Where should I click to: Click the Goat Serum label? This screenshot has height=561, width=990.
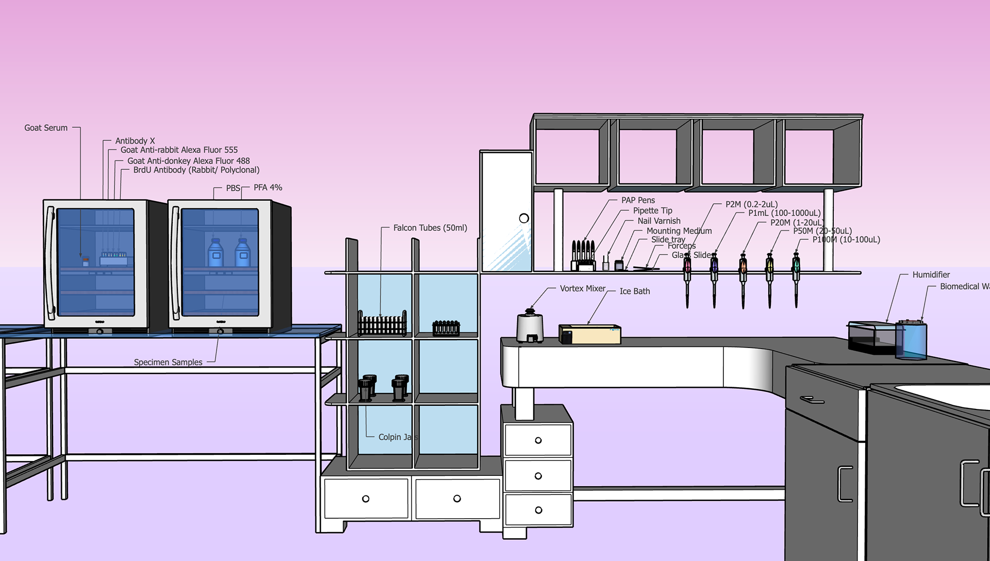point(46,128)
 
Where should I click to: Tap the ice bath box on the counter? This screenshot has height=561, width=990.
point(589,334)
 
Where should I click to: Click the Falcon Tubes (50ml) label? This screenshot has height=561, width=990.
point(430,228)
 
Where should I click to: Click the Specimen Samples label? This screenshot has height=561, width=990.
point(168,362)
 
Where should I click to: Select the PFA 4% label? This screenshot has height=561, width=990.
point(268,188)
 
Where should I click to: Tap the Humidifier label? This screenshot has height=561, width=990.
point(931,275)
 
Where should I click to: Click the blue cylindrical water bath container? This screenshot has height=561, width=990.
point(911,340)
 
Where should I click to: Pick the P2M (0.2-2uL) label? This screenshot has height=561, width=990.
point(751,204)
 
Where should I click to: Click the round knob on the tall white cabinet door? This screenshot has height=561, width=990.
point(524,218)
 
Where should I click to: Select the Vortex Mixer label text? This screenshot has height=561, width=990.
point(583,289)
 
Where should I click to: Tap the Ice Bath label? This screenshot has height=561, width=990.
point(635,291)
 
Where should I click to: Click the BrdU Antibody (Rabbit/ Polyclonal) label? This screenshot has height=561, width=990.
point(196,170)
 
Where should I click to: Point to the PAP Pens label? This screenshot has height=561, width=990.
point(638,200)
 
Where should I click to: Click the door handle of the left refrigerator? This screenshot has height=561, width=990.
point(50,263)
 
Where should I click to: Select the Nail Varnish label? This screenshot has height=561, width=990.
point(659,221)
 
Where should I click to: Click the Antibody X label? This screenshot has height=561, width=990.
point(135,141)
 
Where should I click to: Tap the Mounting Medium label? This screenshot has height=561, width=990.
point(679,231)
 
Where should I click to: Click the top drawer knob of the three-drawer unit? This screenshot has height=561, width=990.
point(538,440)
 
